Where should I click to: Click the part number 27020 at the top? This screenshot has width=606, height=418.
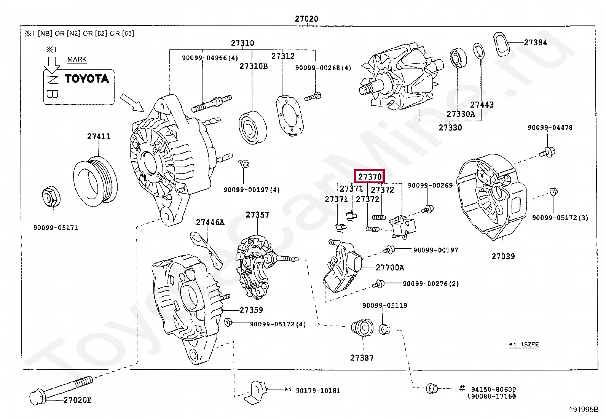point(306,19)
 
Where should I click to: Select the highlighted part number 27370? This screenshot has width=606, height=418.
point(370,176)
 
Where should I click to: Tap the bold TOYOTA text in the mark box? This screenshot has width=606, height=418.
point(87,79)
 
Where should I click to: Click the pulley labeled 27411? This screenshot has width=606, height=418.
point(96,181)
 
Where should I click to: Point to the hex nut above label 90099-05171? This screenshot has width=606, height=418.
point(51,196)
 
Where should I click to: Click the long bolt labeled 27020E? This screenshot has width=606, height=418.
point(61,390)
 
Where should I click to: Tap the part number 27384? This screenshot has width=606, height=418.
point(536,43)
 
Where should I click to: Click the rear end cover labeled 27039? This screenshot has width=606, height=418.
point(491,197)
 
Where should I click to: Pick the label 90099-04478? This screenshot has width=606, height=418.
point(550,128)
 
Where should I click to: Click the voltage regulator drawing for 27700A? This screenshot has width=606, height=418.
point(343,266)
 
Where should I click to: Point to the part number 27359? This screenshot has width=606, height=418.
point(251,310)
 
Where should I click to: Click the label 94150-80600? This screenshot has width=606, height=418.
point(493,389)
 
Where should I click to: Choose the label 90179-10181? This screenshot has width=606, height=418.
point(318,391)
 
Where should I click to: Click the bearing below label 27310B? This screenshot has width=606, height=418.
point(253,127)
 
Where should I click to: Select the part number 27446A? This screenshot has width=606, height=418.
point(210,222)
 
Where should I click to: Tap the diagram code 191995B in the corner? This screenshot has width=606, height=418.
point(584,410)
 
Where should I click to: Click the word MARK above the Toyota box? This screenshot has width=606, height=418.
point(77,59)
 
